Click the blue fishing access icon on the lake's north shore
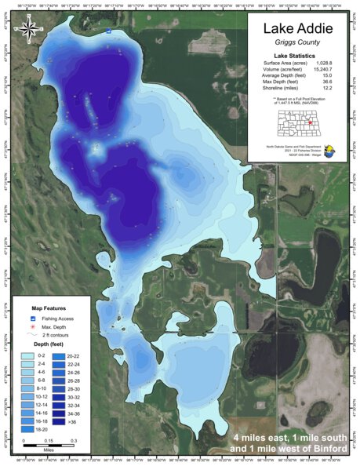click(x=109, y=31)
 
